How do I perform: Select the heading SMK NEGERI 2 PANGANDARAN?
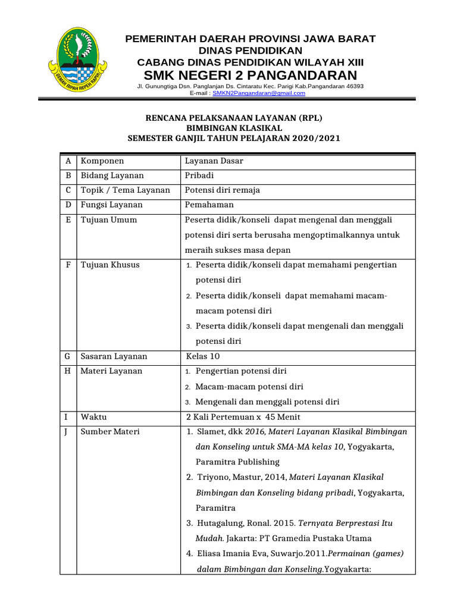point(250,76)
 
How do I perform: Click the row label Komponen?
point(102,161)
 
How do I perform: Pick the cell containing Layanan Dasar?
point(214,161)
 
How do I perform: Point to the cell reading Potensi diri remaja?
point(222,190)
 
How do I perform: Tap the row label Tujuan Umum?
point(109,220)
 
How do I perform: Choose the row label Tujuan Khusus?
point(110,265)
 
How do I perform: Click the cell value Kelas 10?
point(204,357)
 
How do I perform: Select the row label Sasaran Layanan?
point(114,357)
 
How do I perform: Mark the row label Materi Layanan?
point(111,371)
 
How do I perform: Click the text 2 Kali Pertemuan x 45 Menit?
point(243,417)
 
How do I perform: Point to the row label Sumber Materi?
point(110,432)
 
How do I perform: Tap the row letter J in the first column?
point(68,432)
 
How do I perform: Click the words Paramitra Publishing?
point(237,462)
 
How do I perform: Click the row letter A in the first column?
point(68,161)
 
